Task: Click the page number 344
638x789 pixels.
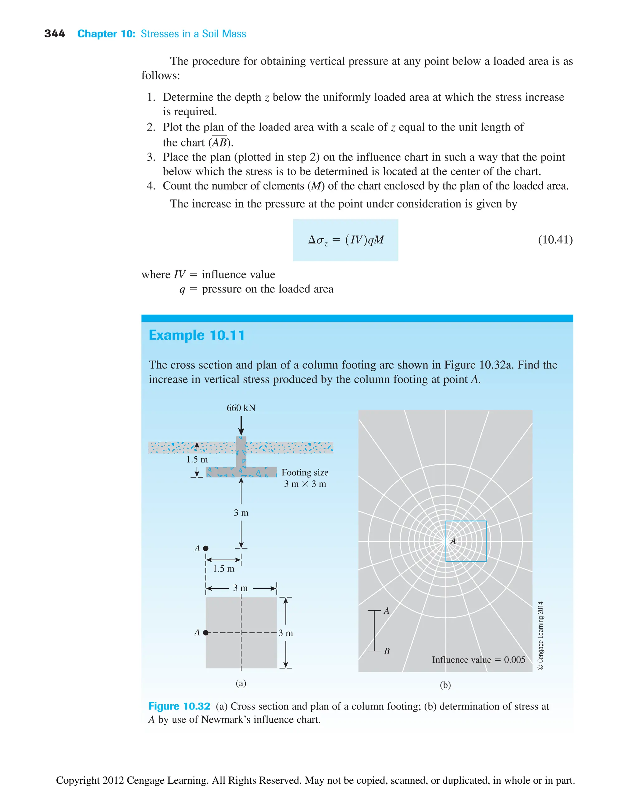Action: pos(55,34)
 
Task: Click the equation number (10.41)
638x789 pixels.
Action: pos(555,240)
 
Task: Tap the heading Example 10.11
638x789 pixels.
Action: pos(197,335)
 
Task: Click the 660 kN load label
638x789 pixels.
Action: pos(241,408)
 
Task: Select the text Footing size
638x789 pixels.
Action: pos(305,472)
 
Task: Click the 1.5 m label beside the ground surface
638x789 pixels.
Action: pos(197,459)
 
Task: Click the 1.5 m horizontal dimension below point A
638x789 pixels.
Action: pos(223,568)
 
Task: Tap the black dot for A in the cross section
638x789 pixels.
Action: pos(206,548)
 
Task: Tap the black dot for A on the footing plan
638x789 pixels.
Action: pos(206,632)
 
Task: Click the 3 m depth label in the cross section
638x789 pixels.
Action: pos(241,513)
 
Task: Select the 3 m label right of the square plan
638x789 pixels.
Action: pos(286,633)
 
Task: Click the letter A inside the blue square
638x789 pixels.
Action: pos(453,541)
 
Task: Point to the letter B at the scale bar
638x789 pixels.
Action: pos(387,651)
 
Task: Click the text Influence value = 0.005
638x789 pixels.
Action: pos(478,660)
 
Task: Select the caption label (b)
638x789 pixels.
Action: pos(445,685)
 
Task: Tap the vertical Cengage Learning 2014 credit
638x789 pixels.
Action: pos(540,636)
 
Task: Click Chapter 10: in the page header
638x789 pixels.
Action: pos(107,34)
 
